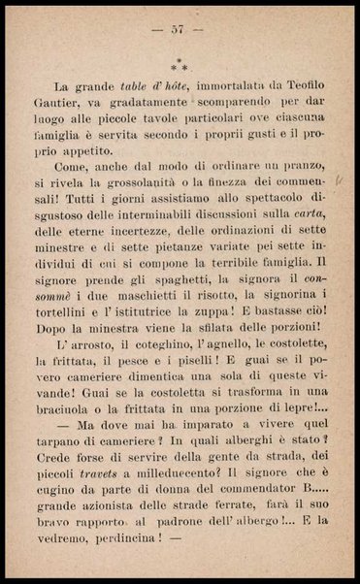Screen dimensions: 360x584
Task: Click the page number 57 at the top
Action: pos(178,31)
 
